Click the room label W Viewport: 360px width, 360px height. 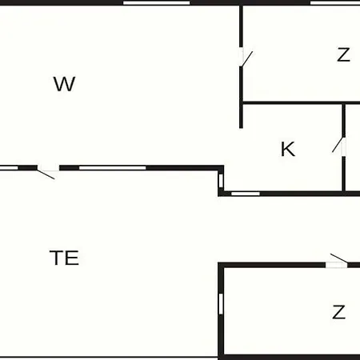click(65, 84)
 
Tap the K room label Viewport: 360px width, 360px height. click(288, 149)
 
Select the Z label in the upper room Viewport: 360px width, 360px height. click(343, 54)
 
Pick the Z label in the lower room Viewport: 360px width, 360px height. click(339, 312)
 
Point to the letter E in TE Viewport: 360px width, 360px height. click(72, 258)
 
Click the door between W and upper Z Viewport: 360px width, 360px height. click(246, 57)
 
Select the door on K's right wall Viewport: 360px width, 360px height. click(339, 146)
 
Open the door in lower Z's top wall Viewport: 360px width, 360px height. click(337, 262)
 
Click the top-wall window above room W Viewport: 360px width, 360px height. click(157, 3)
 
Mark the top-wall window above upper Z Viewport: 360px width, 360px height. click(335, 3)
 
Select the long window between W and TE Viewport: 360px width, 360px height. click(113, 168)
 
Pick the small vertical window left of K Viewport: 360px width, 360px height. click(221, 181)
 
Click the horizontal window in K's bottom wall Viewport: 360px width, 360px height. click(246, 194)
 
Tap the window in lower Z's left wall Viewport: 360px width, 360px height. click(221, 304)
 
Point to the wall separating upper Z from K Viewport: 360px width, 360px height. click(302, 103)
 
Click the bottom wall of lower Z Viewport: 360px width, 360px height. click(289, 357)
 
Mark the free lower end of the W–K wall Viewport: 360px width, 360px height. click(241, 128)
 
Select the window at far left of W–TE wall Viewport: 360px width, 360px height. click(9, 168)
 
